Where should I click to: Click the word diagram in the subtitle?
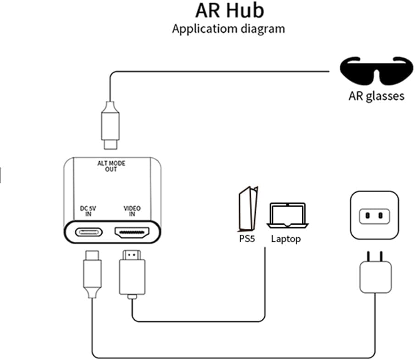click(263, 28)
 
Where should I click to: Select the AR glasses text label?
click(376, 96)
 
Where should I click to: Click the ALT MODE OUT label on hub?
click(111, 166)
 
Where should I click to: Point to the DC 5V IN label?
click(88, 211)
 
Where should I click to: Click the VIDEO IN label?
click(132, 211)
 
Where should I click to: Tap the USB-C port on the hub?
click(89, 232)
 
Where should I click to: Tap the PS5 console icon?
click(247, 208)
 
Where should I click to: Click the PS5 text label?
click(247, 238)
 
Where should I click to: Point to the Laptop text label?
click(286, 238)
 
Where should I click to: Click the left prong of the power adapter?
click(369, 255)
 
